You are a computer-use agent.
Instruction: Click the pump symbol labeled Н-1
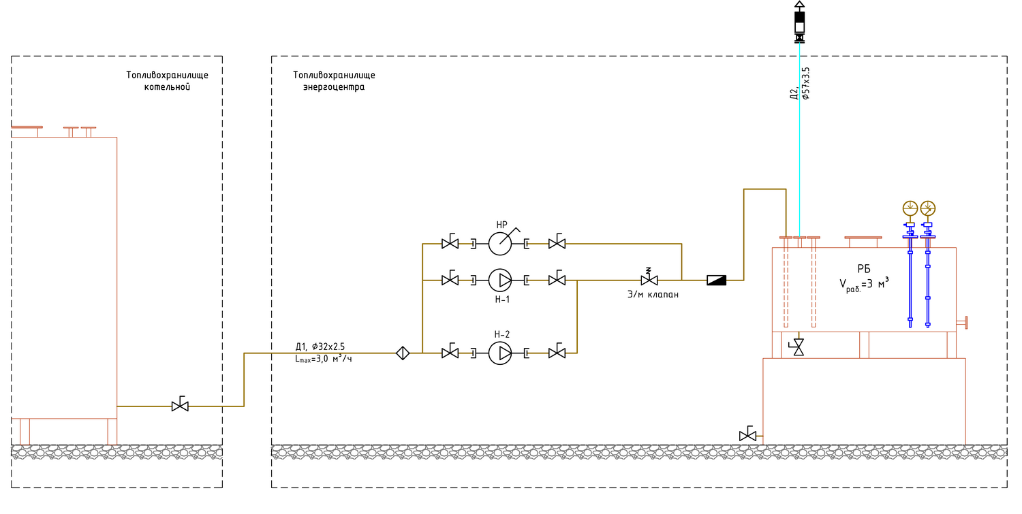click(500, 280)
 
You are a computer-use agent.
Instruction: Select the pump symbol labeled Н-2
click(500, 353)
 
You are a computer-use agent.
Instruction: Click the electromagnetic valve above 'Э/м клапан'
click(649, 280)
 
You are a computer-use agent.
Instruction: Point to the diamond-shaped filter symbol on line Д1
click(403, 353)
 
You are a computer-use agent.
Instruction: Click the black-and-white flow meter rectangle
click(717, 280)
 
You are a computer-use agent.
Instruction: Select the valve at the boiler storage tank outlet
click(180, 406)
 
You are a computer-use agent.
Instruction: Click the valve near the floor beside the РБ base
click(747, 435)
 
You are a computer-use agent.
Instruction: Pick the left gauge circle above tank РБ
click(910, 208)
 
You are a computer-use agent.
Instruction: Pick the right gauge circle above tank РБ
click(928, 208)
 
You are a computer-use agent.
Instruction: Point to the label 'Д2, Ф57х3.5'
click(799, 84)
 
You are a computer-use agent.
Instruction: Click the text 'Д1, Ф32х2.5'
click(320, 347)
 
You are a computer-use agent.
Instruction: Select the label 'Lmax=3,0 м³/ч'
click(324, 359)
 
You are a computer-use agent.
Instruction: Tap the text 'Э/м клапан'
click(653, 294)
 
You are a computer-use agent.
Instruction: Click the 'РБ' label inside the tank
click(864, 270)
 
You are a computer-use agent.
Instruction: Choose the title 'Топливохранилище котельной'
click(167, 81)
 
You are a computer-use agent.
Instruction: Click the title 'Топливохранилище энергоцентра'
click(334, 81)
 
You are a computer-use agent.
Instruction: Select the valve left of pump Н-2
click(450, 353)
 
